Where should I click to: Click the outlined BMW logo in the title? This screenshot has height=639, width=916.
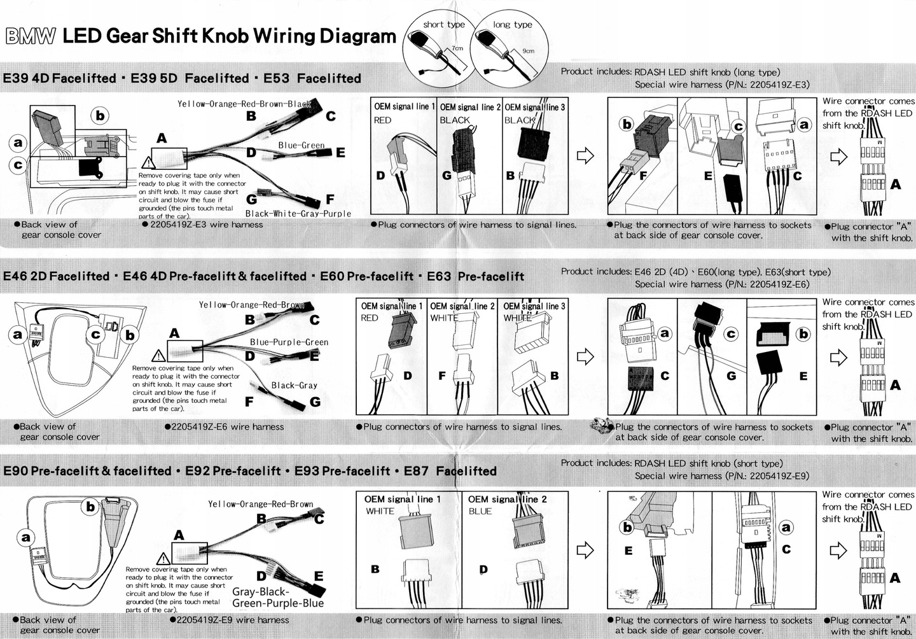tap(31, 36)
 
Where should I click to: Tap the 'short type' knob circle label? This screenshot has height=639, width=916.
tap(444, 25)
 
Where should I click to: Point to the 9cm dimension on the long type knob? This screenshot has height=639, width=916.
tap(528, 51)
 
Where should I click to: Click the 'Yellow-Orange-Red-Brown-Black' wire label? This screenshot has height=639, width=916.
tap(244, 104)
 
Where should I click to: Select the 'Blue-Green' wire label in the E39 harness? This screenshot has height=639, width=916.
tap(302, 145)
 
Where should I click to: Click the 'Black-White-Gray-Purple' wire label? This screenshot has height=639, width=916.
tap(298, 214)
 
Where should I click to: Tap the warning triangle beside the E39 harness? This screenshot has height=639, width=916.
tap(148, 163)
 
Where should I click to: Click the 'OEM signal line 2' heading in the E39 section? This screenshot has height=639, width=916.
tap(470, 107)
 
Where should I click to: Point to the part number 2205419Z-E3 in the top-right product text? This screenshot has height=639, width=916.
tap(780, 85)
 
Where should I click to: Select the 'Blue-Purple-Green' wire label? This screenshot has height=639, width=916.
tap(289, 342)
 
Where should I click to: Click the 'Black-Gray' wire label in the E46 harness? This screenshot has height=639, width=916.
tap(294, 385)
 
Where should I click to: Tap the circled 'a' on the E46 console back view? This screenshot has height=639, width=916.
tap(17, 335)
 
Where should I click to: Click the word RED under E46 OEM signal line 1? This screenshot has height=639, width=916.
tap(369, 318)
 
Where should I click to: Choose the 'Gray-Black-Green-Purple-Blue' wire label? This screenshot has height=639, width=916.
tap(278, 597)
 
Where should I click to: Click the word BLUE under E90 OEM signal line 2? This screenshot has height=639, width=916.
tap(480, 511)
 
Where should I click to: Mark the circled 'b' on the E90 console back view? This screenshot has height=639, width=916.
tap(90, 507)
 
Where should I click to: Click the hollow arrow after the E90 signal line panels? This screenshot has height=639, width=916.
tap(585, 550)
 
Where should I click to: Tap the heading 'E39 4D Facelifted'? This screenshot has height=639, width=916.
tap(59, 78)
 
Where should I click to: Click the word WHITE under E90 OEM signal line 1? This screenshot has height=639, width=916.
tap(380, 511)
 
